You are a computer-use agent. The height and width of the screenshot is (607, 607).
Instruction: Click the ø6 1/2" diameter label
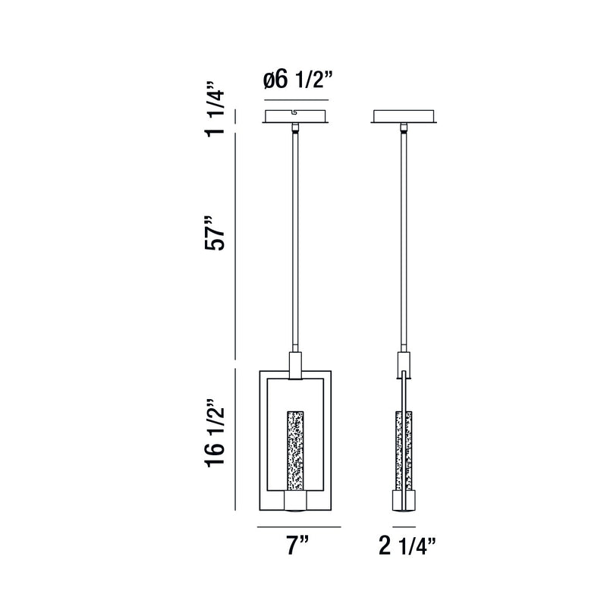(x=297, y=81)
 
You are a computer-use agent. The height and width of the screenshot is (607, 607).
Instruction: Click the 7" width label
(x=297, y=545)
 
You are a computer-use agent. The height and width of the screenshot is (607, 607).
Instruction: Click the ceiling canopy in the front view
(x=295, y=117)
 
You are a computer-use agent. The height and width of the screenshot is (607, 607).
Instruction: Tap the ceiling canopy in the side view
(x=404, y=117)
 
